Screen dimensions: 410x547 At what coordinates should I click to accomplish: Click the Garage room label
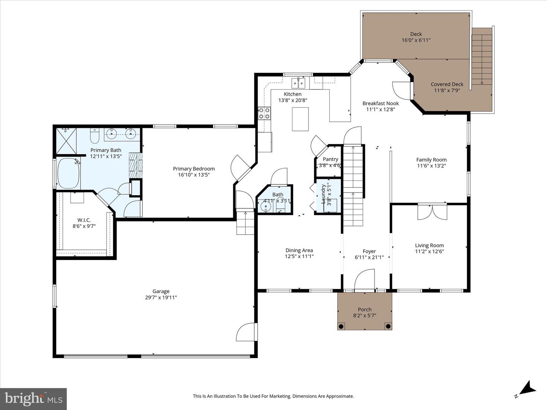pyautogui.click(x=161, y=292)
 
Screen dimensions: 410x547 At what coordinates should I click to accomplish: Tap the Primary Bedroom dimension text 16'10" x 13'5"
pyautogui.click(x=194, y=175)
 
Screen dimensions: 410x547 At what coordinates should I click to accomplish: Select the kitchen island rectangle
pyautogui.click(x=300, y=119)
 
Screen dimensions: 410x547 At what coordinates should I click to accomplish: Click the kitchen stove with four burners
pyautogui.click(x=264, y=114)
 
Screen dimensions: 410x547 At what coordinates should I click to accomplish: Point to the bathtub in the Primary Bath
pyautogui.click(x=69, y=173)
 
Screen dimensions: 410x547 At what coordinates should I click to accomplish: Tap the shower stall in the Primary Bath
pyautogui.click(x=66, y=141)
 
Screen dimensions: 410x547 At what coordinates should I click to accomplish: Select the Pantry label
pyautogui.click(x=330, y=159)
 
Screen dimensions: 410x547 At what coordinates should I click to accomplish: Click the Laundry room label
pyautogui.click(x=323, y=194)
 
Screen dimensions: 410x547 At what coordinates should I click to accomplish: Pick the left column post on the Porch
pyautogui.click(x=341, y=326)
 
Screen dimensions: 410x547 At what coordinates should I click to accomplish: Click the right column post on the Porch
pyautogui.click(x=388, y=326)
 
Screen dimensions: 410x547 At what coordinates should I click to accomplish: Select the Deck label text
pyautogui.click(x=416, y=34)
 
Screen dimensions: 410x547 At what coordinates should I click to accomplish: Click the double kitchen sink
pyautogui.click(x=298, y=83)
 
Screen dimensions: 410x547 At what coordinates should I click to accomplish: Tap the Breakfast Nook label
pyautogui.click(x=380, y=103)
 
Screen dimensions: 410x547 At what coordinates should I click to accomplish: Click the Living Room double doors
pyautogui.click(x=432, y=212)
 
